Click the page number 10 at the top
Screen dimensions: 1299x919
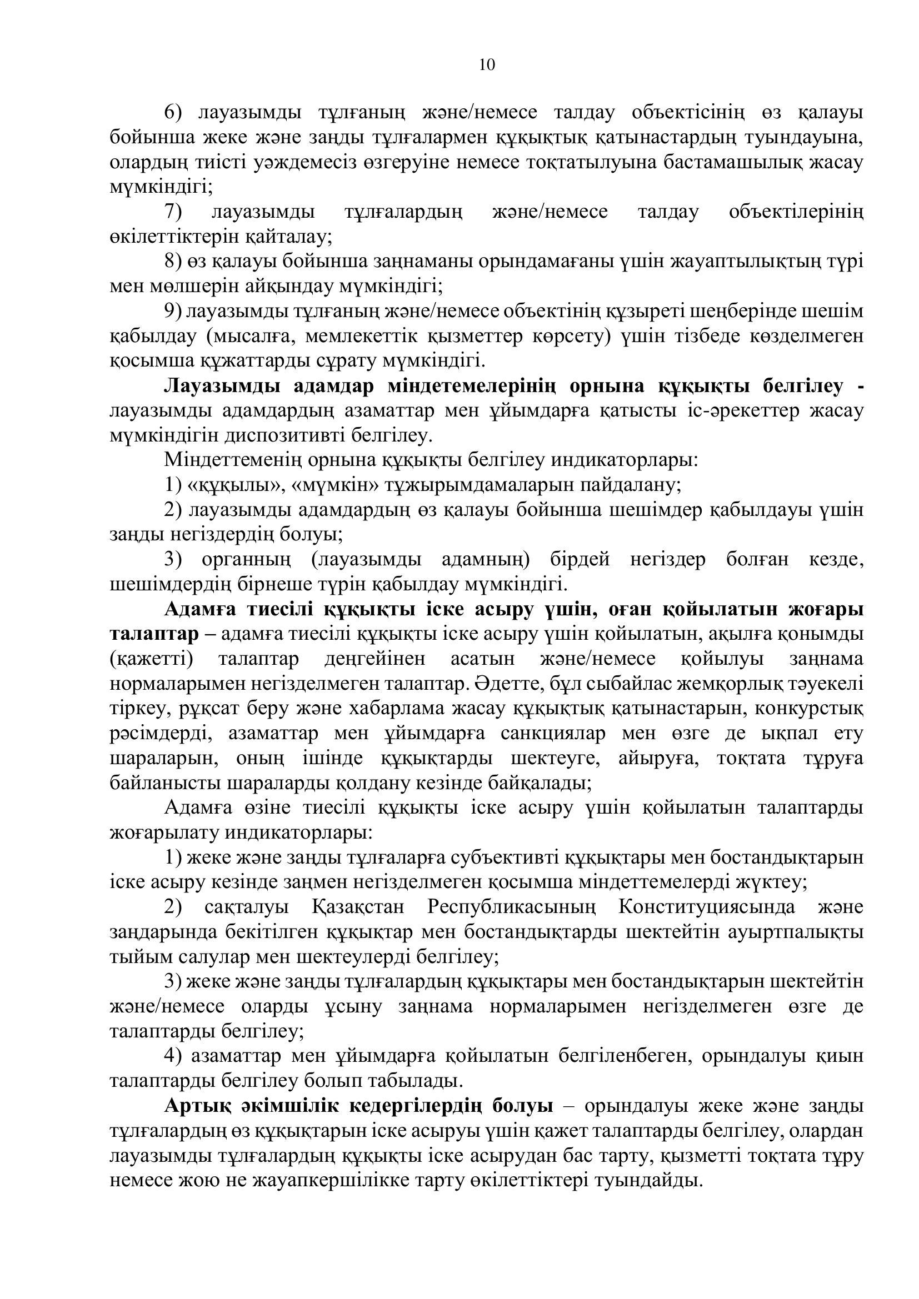click(487, 64)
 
